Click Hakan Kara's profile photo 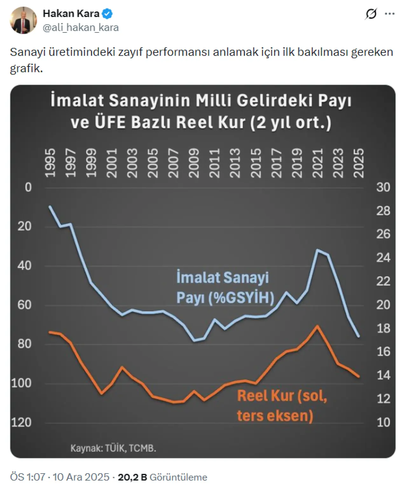click(24, 20)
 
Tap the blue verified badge click(107, 14)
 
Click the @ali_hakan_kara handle click(81, 28)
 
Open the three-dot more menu click(390, 14)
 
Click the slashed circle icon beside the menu click(371, 14)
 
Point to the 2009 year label click(193, 163)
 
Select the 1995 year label click(50, 163)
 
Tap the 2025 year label click(359, 163)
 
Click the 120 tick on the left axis click(21, 422)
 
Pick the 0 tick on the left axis click(28, 187)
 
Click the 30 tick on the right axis click(383, 187)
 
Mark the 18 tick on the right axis click(383, 328)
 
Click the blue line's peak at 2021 click(317, 250)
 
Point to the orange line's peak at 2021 click(317, 326)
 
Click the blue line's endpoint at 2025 click(359, 336)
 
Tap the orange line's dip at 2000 click(101, 394)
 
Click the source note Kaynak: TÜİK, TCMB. click(113, 448)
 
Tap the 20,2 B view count click(132, 477)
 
